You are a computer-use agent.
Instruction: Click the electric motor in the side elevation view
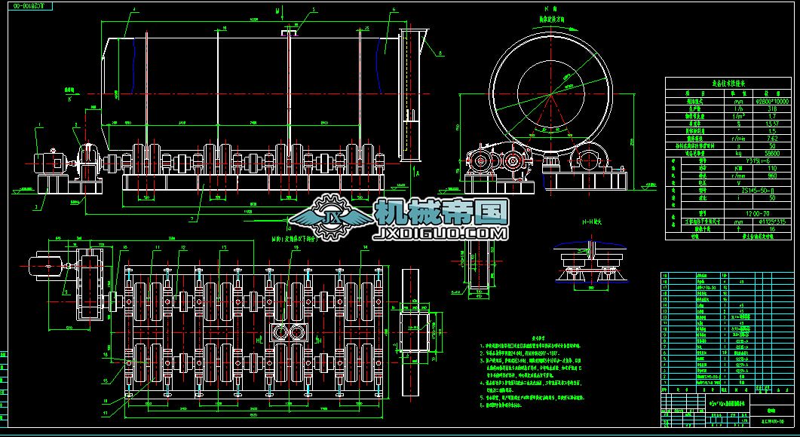click(49, 163)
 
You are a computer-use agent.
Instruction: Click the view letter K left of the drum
click(70, 99)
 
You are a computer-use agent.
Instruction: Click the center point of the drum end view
click(550, 93)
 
